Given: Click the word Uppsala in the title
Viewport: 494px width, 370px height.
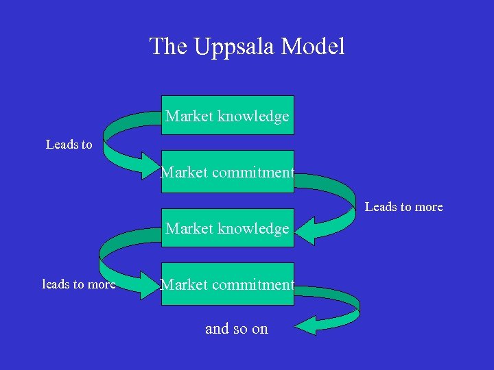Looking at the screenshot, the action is click(x=226, y=47).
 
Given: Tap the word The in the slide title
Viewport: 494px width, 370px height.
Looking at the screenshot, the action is click(x=168, y=47).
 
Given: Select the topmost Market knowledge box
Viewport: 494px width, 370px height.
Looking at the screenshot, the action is click(x=227, y=115).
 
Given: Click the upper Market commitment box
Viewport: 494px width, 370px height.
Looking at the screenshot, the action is click(x=227, y=172).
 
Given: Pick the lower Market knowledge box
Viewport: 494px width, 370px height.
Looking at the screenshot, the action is click(x=227, y=228).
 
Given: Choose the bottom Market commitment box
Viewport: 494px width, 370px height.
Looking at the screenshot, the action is click(x=227, y=284).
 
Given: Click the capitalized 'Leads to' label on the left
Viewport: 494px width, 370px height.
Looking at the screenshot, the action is click(x=69, y=145).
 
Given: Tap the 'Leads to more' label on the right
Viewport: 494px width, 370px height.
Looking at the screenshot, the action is click(x=403, y=206).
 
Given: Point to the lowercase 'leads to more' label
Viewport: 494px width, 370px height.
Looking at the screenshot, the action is click(x=79, y=284).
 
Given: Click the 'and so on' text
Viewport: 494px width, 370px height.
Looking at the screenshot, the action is click(x=236, y=328).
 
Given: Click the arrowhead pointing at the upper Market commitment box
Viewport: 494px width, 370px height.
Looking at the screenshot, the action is click(x=150, y=166).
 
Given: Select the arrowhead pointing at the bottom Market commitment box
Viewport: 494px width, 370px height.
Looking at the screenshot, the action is click(x=149, y=284).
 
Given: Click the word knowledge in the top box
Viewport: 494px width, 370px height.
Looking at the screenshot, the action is click(x=253, y=116).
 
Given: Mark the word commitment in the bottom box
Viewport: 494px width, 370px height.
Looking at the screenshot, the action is click(x=253, y=284).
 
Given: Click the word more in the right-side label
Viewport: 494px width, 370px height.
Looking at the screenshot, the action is click(x=429, y=206).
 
